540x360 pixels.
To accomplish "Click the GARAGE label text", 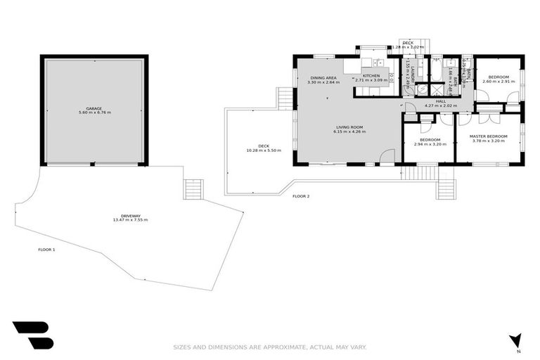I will pos(94,108).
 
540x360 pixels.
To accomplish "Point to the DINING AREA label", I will pos(323,77).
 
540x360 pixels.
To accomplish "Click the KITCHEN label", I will pos(371,76).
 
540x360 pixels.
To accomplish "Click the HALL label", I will pos(441,101).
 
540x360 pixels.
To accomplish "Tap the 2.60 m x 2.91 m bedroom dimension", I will pos(499,82).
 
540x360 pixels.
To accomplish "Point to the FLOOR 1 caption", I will pos(46,250).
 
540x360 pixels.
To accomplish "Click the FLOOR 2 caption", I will pos(301,196).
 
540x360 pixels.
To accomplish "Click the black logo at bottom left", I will pos(32,335).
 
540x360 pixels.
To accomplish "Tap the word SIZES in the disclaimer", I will pos(184,347).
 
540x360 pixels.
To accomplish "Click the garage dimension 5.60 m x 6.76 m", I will pos(94,113).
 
